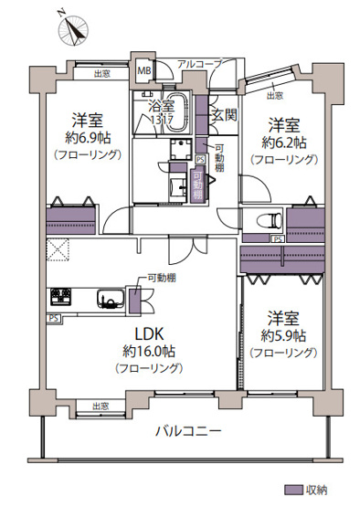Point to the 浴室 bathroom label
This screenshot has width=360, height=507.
point(162,104)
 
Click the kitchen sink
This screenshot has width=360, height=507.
point(108,298)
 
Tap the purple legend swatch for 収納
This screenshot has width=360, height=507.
point(293,489)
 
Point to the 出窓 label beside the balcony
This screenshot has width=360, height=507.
point(101,406)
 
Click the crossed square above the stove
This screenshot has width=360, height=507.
point(60,248)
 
